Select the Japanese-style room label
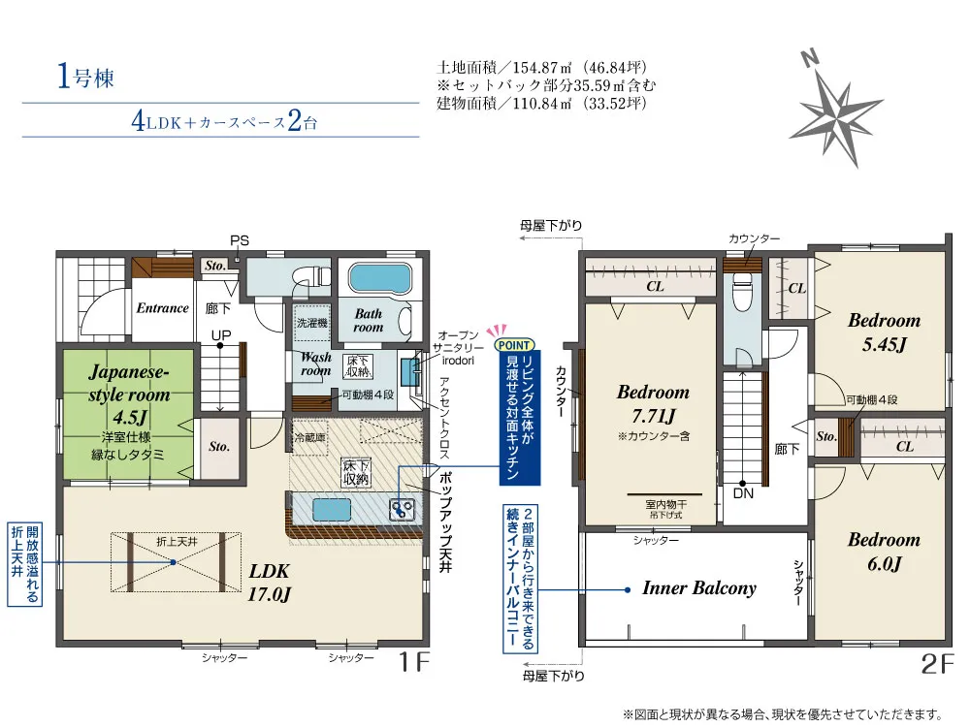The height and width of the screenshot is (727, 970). (x=129, y=383)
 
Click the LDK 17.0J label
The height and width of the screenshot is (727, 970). (x=269, y=583)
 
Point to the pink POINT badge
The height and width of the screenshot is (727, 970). (x=513, y=344)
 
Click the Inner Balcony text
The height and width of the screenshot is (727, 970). (x=699, y=588)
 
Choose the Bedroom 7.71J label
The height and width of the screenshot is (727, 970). (x=653, y=403)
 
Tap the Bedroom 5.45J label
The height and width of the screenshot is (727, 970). (x=884, y=332)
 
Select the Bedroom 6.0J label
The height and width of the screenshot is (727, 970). (x=884, y=552)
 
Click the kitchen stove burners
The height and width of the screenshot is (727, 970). (x=402, y=509)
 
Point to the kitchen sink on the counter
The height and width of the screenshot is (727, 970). (x=332, y=510)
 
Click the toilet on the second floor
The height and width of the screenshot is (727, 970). (x=742, y=293)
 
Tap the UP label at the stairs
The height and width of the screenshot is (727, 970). (x=221, y=335)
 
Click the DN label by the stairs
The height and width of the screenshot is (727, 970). (x=743, y=493)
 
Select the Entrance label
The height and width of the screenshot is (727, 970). (x=162, y=308)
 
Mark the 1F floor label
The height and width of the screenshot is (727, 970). (x=414, y=662)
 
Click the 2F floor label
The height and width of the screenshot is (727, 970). (x=938, y=664)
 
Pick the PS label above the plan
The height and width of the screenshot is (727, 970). (x=240, y=241)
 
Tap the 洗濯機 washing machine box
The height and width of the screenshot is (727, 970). (x=311, y=324)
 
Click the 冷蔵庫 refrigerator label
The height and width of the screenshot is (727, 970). (x=310, y=438)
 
